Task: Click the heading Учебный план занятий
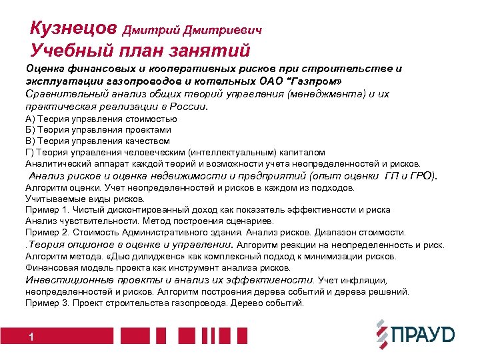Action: pyautogui.click(x=140, y=51)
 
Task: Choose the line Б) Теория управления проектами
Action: pyautogui.click(x=98, y=130)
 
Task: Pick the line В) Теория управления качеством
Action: pyautogui.click(x=97, y=141)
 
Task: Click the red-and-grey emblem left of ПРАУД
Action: pyautogui.click(x=381, y=334)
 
